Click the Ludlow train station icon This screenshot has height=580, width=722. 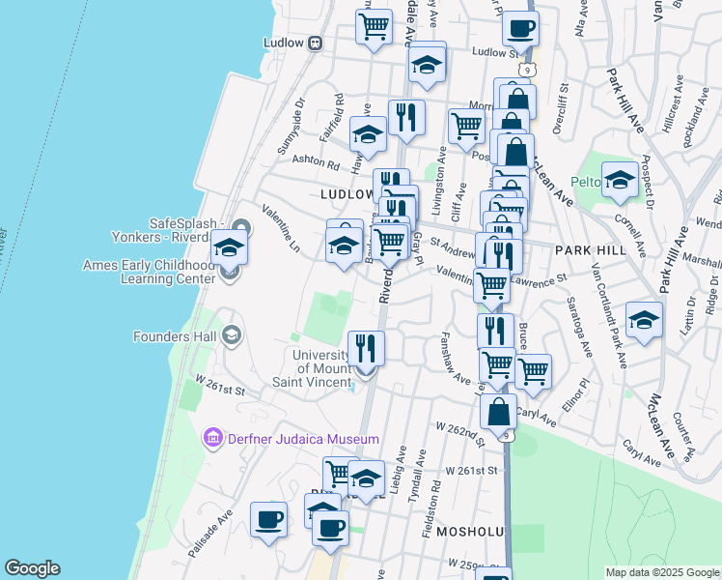tap(315, 43)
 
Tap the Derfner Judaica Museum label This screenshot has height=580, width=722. tap(303, 439)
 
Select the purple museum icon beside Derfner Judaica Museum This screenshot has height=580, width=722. tap(212, 439)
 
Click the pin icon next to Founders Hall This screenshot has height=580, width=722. tap(230, 336)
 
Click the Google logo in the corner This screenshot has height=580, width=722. tap(32, 568)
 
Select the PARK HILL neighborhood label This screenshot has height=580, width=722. tap(591, 249)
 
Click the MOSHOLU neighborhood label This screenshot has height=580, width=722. tap(471, 532)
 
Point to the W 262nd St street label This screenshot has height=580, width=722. tap(458, 428)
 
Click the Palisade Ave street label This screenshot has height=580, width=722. tap(211, 536)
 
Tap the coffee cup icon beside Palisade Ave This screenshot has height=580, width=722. tap(268, 519)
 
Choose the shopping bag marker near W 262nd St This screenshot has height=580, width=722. tap(498, 412)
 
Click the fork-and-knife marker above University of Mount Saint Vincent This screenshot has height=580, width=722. tap(366, 347)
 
